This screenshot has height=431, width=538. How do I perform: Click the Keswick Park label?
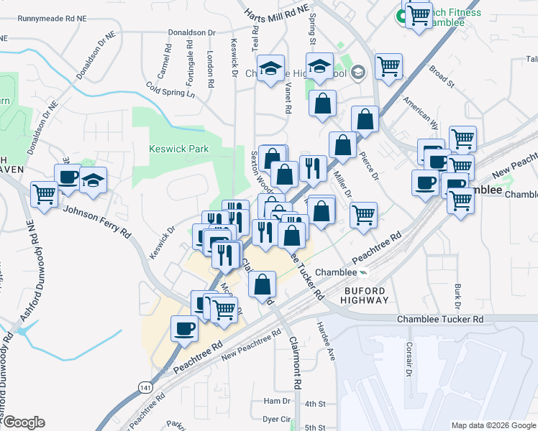(178, 149)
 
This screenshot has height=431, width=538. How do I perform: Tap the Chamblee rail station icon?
(364, 272)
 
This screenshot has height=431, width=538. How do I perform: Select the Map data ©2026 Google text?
(493, 425)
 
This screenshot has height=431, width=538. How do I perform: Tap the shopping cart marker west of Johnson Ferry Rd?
(45, 194)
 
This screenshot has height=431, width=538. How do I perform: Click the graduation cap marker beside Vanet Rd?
(270, 69)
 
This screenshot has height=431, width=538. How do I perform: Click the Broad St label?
(442, 78)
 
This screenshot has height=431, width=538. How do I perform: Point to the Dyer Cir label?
(276, 418)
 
